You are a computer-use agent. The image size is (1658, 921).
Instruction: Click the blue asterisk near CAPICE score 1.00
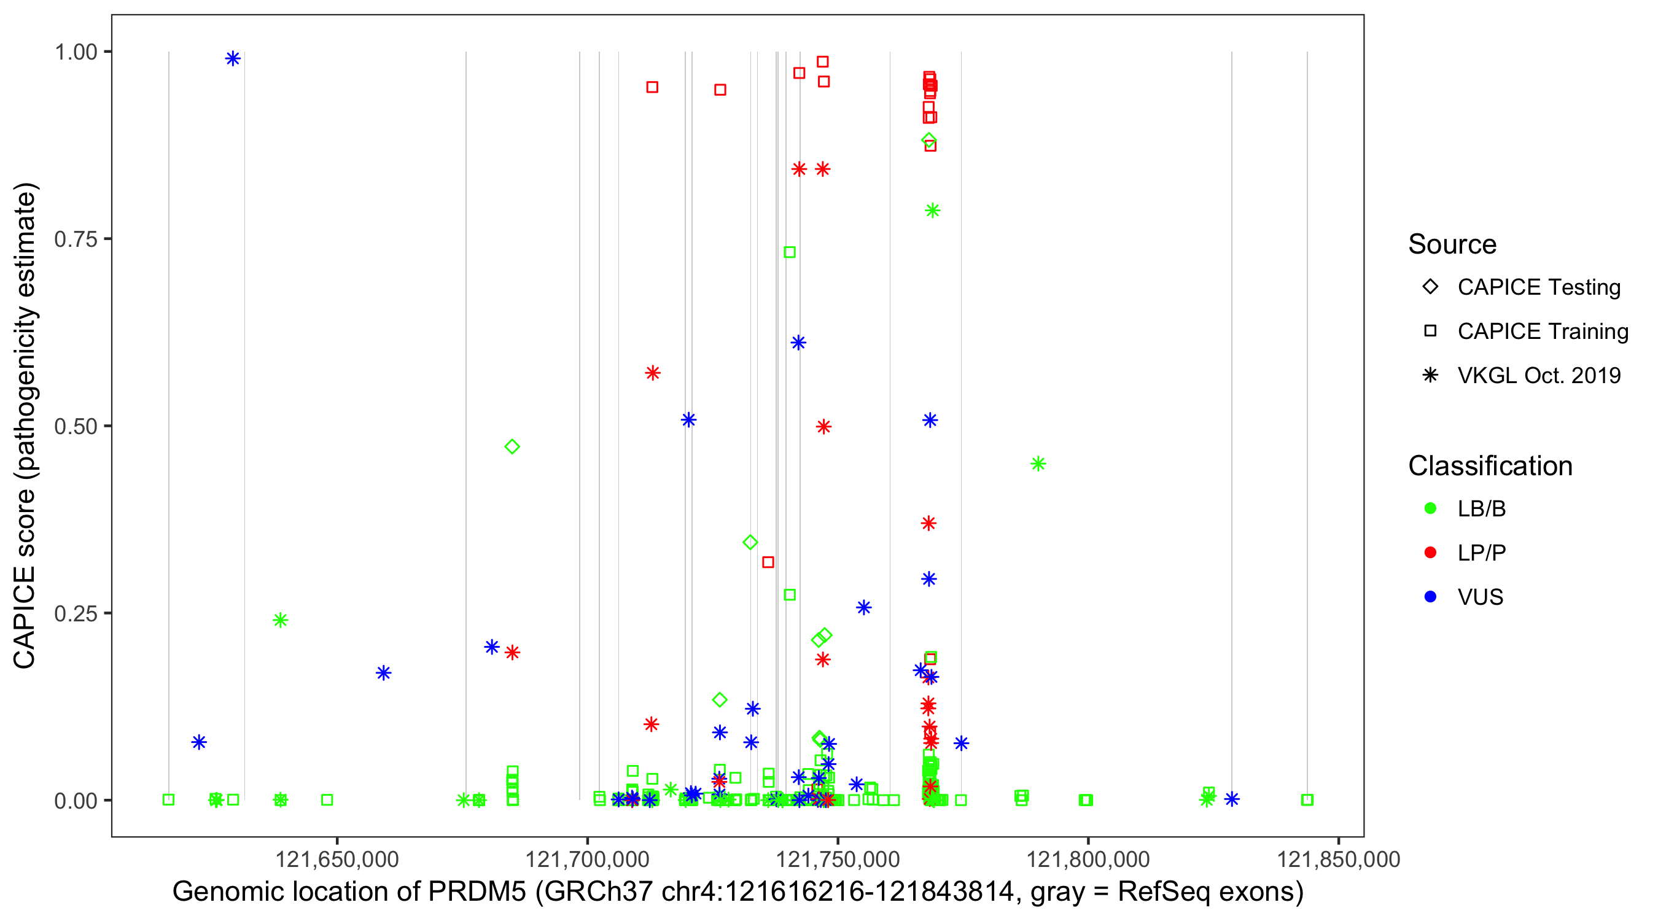[x=233, y=58]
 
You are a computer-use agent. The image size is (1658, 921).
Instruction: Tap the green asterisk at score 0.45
[x=1038, y=464]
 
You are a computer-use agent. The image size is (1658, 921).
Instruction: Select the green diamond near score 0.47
[x=512, y=446]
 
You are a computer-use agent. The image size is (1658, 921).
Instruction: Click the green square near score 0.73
[x=790, y=252]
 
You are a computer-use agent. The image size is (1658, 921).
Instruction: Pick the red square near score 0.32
[x=768, y=562]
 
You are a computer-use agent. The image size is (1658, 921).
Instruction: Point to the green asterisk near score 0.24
[x=280, y=620]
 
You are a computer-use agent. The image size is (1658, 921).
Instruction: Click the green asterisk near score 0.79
[x=932, y=211]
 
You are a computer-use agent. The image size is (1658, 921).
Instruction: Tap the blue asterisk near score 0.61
[x=798, y=343]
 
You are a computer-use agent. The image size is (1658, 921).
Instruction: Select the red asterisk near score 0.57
[x=653, y=373]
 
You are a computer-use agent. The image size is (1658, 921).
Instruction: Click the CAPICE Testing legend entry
[x=1538, y=287]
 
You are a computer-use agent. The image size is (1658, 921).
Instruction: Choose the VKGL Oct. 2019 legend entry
[x=1538, y=375]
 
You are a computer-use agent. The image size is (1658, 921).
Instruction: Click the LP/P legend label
[x=1482, y=553]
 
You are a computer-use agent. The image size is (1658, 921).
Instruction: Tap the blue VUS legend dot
[x=1430, y=597]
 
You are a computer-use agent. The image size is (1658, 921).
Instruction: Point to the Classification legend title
[x=1490, y=466]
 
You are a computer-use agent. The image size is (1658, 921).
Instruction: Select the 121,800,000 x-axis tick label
[x=1088, y=859]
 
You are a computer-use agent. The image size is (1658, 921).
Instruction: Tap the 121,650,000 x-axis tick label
[x=337, y=859]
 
